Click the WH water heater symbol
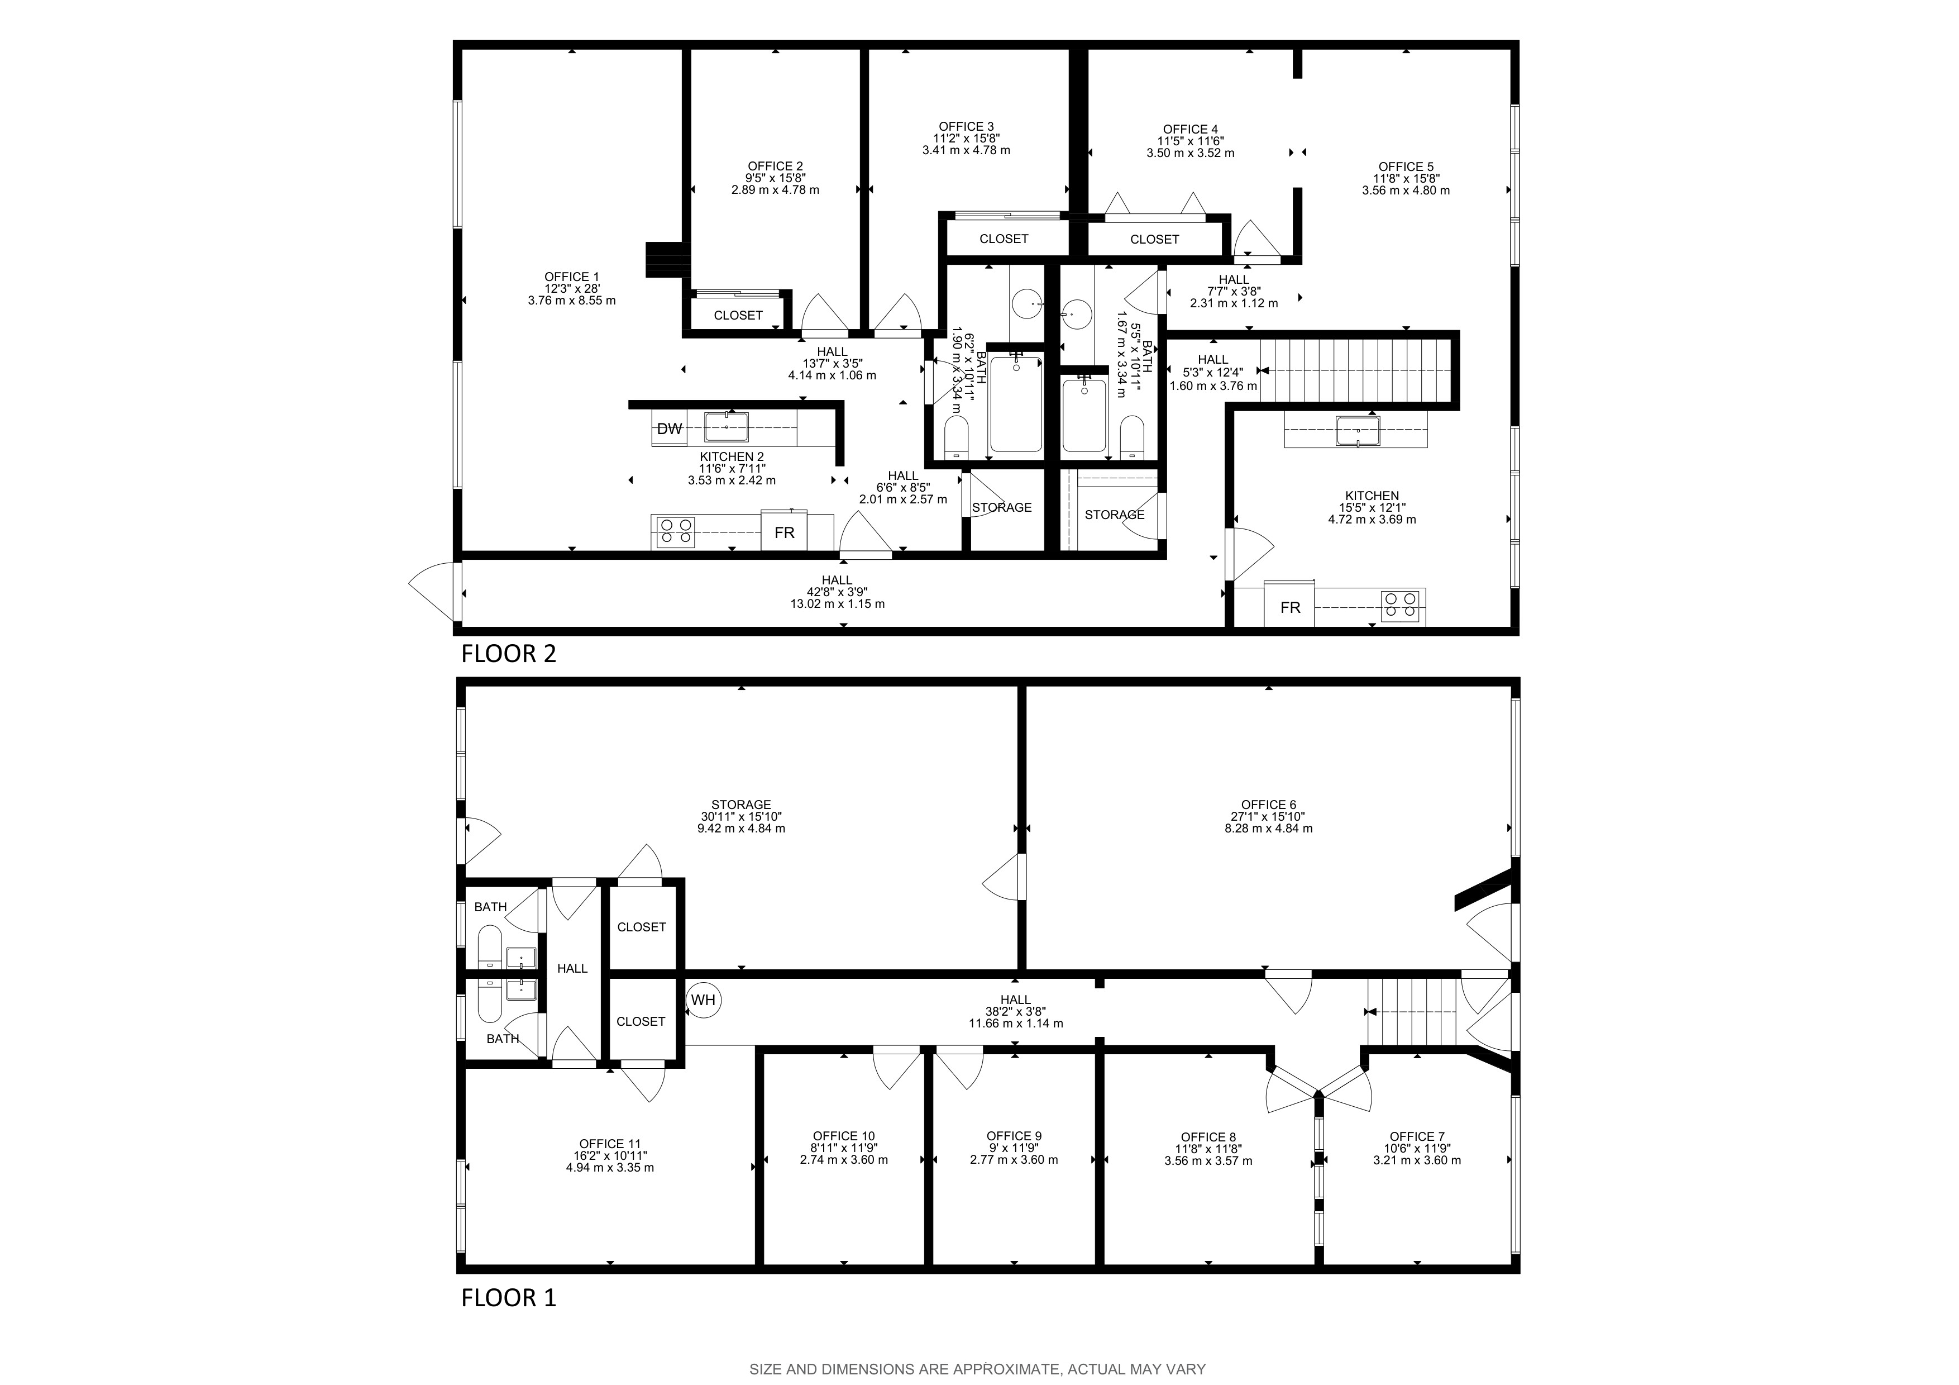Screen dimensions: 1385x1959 pos(703,1000)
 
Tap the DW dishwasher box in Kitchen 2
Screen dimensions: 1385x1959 pos(669,429)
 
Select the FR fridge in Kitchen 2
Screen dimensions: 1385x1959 pos(784,532)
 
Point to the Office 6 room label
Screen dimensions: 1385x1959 pos(1268,805)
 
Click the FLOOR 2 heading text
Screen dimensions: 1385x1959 pos(509,654)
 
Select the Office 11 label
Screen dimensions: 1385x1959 pos(609,1144)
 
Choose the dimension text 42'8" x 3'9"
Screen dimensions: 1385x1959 pos(837,592)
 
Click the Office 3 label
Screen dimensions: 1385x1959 pos(966,126)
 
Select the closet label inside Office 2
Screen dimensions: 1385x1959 pos(738,316)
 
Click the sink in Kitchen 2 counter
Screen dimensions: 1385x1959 pos(726,426)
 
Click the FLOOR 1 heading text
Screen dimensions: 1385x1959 pos(509,1298)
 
